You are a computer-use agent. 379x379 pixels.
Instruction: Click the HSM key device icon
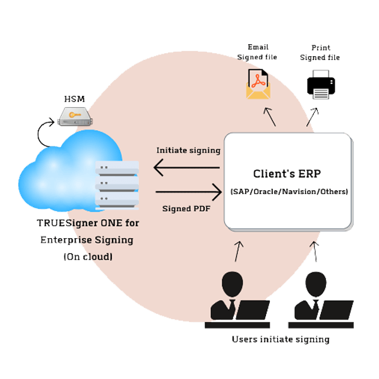tap(75, 116)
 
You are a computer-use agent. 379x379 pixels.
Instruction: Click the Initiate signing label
tap(188, 150)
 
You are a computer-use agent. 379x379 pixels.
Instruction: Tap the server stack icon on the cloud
tap(116, 184)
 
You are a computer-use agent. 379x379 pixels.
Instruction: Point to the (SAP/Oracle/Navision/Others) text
tap(289, 191)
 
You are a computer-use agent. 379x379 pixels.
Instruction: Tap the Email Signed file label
tap(258, 52)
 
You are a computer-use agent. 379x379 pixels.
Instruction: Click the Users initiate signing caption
tap(280, 339)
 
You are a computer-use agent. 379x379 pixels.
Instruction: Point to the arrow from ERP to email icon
tap(270, 117)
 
